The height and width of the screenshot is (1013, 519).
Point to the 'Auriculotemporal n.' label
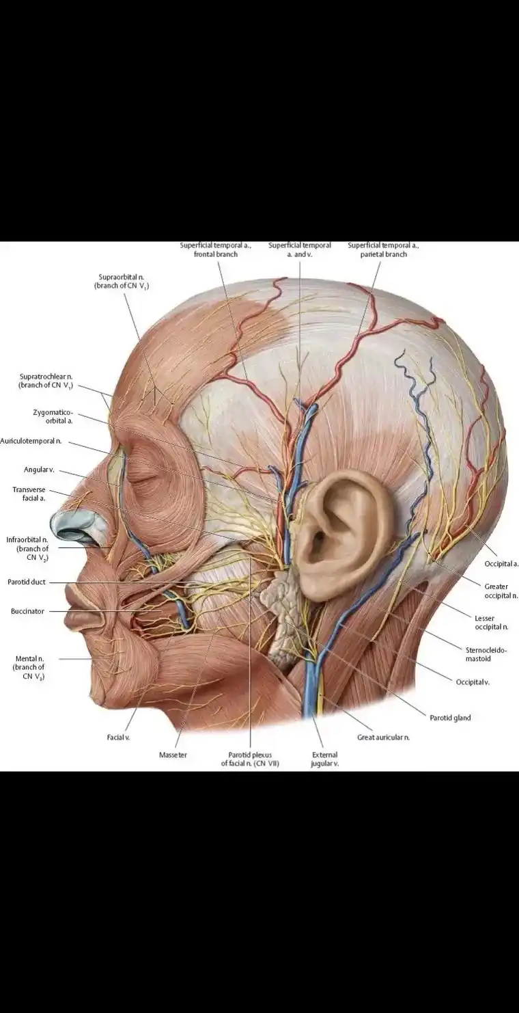(x=31, y=441)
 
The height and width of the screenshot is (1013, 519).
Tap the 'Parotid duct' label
(x=27, y=582)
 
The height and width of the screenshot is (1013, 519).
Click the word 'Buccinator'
(x=27, y=611)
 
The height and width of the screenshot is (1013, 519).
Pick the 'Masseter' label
(x=173, y=755)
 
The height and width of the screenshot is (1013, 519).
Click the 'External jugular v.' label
(x=324, y=759)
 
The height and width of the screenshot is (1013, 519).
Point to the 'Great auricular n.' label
(x=383, y=738)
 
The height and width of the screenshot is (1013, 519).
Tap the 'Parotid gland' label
(x=450, y=718)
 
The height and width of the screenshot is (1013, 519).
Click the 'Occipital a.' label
(x=501, y=564)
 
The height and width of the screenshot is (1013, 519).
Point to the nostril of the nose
(x=80, y=529)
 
